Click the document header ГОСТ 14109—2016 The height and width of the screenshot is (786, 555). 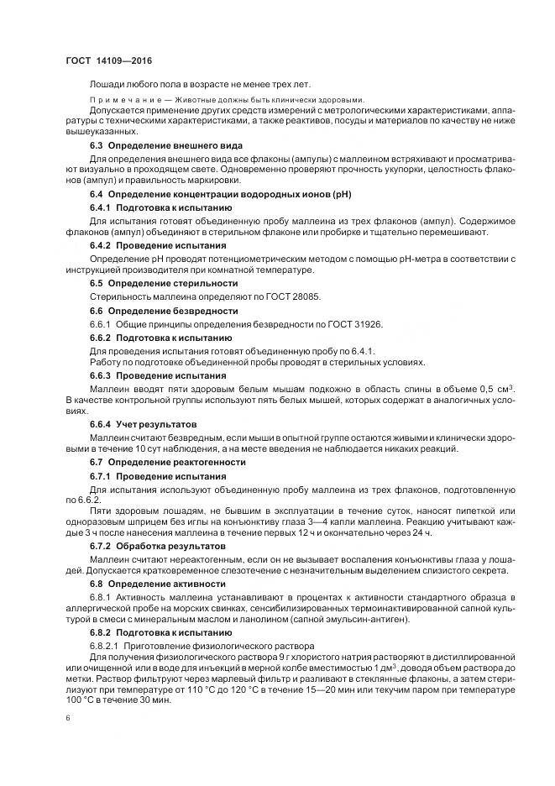tap(107, 61)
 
